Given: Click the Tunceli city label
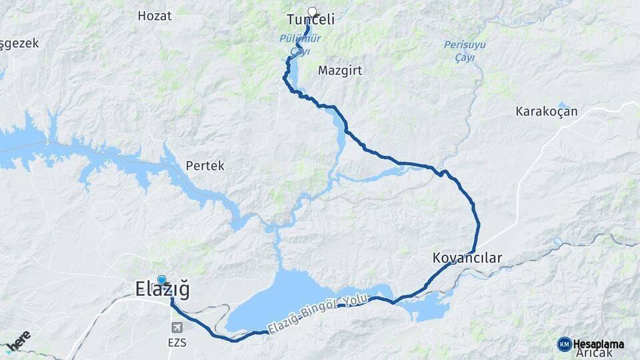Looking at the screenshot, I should pos(310,21).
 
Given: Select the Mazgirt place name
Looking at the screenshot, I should pos(340,70).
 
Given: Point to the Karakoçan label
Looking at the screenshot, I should pos(546,112).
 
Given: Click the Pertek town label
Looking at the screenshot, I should pos(205,165).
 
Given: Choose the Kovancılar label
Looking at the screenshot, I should pos(466,257).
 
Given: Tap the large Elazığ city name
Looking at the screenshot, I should pos(162,290).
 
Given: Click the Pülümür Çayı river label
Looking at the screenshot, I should pos(299,44).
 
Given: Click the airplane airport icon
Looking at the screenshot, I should pos(177,327).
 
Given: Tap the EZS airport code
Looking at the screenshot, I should pos(177,343).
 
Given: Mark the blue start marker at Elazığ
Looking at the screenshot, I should pos(161,280).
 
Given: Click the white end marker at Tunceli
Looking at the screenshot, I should pos(311,11).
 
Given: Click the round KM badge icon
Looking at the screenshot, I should pos(565,344).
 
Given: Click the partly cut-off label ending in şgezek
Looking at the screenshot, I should pos(19,43).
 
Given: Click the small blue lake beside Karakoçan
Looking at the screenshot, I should pos(562,105).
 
